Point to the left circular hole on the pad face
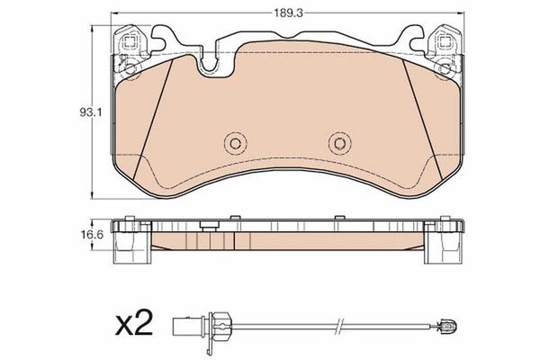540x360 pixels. pyautogui.click(x=233, y=142)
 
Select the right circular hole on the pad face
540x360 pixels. pyautogui.click(x=337, y=142)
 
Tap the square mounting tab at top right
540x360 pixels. pyautogui.click(x=443, y=40)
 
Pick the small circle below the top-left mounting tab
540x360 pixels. pyautogui.click(x=128, y=68)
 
